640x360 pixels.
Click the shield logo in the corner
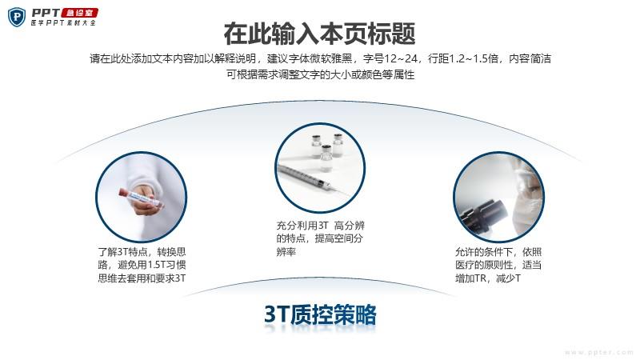(17, 17)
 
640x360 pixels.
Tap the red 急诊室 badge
(79, 13)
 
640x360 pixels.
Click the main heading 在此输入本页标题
(319, 34)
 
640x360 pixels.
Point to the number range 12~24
(401, 58)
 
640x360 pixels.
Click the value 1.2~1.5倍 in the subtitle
(474, 58)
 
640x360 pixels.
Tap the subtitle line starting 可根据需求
(321, 74)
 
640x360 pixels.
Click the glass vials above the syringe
(327, 149)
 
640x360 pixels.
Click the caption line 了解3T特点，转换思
(142, 252)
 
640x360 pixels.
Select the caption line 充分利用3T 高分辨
(321, 226)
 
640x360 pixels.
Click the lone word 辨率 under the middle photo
(286, 251)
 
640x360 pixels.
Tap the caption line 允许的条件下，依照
(498, 252)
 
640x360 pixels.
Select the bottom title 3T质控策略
(320, 314)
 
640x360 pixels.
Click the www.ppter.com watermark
(598, 352)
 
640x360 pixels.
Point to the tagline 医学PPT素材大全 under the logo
(63, 23)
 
